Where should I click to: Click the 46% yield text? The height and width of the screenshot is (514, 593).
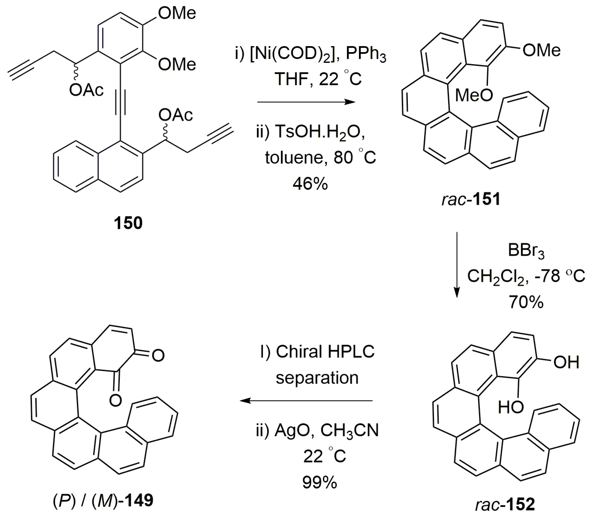click(x=310, y=184)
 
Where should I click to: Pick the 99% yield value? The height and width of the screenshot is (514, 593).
click(x=319, y=482)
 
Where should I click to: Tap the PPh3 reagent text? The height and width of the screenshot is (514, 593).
click(x=366, y=54)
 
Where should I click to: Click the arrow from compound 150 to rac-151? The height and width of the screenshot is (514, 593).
click(x=306, y=102)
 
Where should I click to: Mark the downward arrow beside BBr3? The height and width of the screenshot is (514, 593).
click(x=457, y=265)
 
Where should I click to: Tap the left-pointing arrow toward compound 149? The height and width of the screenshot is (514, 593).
click(x=306, y=401)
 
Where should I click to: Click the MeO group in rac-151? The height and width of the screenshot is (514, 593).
click(x=474, y=95)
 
